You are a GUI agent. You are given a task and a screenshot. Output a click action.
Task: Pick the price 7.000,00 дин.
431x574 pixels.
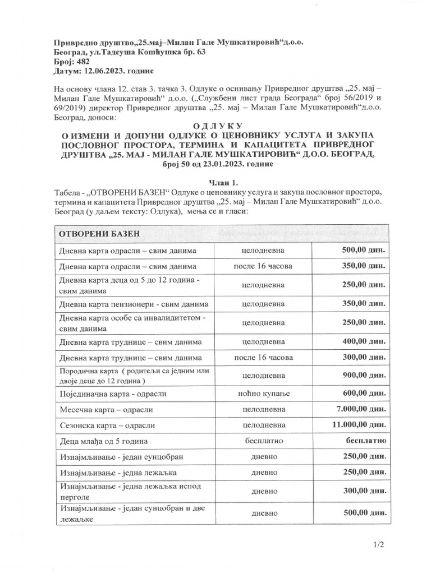tap(365, 410)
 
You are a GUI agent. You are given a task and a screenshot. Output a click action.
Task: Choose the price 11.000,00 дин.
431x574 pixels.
tap(361, 426)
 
